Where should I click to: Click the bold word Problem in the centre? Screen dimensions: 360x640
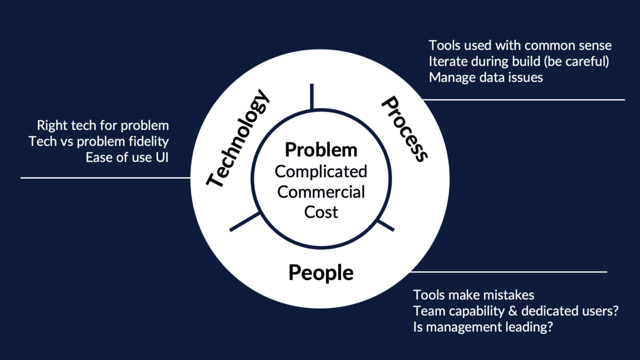point(321,150)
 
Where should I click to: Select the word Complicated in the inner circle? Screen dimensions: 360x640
point(321,171)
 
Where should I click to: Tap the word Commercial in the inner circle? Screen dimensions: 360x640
point(321,191)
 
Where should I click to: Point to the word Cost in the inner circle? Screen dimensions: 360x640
point(321,212)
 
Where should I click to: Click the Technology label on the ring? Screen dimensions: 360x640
point(237,140)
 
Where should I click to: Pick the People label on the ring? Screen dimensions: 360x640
point(321,273)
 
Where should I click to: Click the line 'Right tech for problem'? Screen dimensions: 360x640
point(102,126)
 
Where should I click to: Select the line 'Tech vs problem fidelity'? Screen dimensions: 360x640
point(99,142)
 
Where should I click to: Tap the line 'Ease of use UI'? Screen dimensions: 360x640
point(127,158)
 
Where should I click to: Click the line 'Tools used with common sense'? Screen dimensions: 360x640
point(520,45)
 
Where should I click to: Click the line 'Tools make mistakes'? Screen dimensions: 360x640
point(474,295)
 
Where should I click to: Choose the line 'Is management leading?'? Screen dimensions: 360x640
point(482,327)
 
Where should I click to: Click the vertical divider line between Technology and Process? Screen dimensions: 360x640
point(311,96)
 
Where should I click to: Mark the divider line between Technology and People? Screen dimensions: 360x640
point(245,222)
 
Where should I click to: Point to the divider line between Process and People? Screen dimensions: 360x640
point(386,225)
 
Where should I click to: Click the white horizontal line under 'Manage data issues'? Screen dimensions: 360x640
point(523,99)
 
